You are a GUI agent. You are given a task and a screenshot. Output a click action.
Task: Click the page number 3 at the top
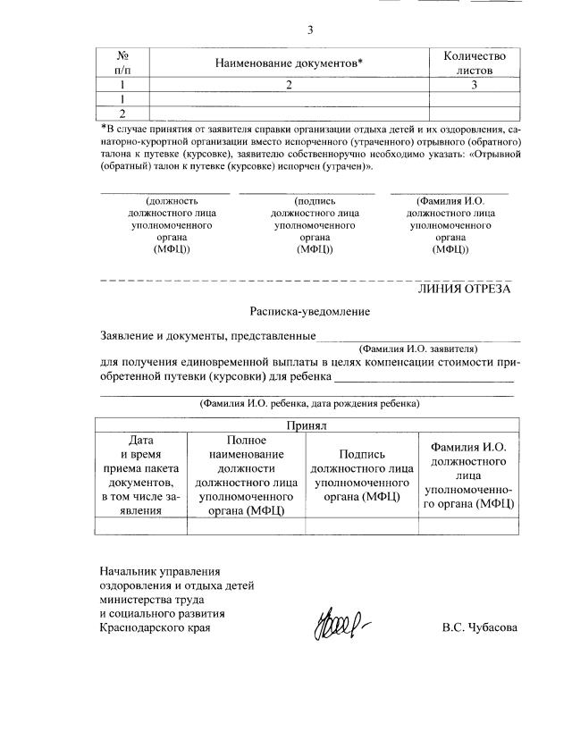(x=309, y=29)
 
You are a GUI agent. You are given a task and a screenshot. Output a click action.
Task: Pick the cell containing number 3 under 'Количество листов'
(x=475, y=85)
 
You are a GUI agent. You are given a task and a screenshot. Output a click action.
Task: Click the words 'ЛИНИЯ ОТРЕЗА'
(x=465, y=289)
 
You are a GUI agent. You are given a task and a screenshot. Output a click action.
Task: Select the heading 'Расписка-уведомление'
(x=309, y=311)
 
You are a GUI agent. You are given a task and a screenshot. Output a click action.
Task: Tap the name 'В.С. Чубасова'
(x=479, y=627)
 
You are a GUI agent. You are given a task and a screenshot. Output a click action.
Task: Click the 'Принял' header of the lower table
(x=307, y=426)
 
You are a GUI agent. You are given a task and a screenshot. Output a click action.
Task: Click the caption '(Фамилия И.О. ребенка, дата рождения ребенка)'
(x=309, y=404)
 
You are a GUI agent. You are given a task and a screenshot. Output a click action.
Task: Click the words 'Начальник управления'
(x=160, y=570)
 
